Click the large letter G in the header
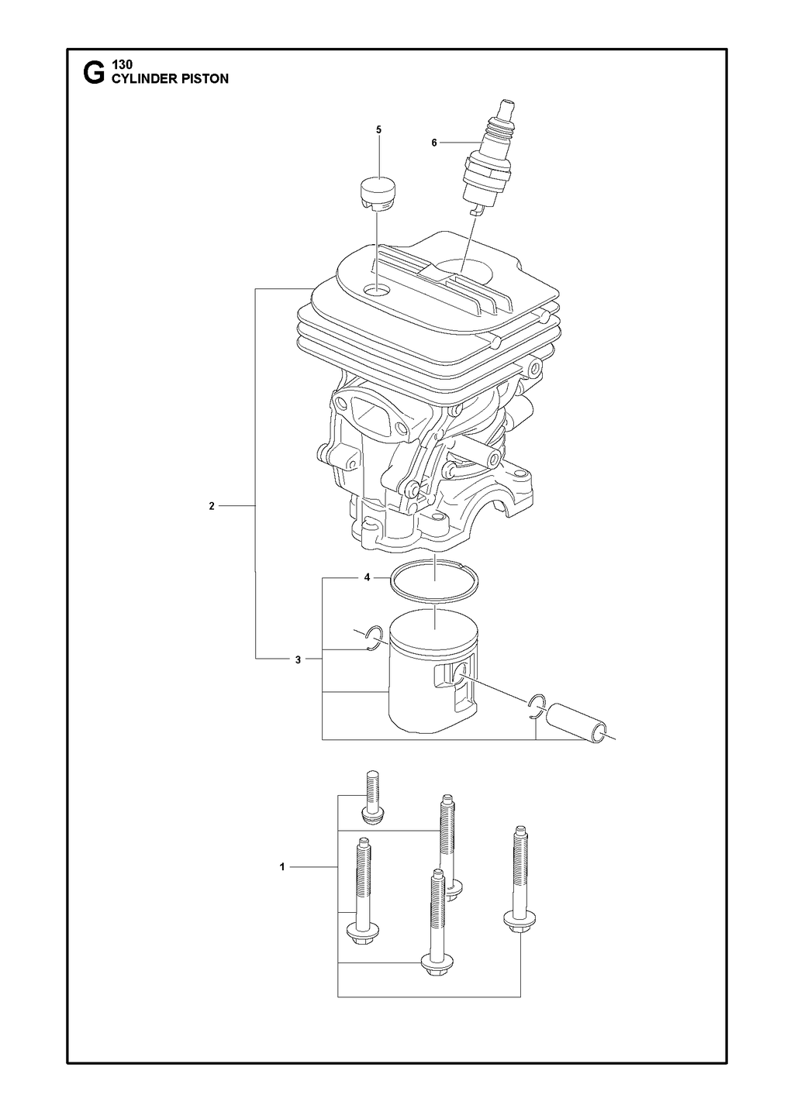point(95,74)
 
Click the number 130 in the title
point(123,64)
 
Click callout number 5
point(378,129)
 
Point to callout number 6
point(433,143)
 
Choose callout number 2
point(212,506)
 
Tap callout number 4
point(367,577)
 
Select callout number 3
point(298,659)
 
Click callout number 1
point(282,867)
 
